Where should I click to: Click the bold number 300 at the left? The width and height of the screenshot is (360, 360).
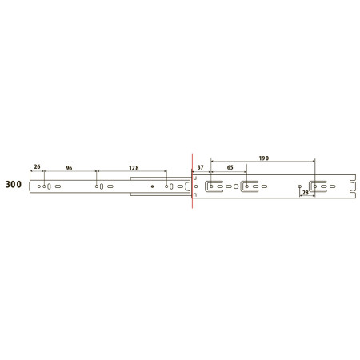14,184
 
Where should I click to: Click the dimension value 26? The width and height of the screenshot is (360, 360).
37,166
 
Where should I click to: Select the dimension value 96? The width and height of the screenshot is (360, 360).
69,168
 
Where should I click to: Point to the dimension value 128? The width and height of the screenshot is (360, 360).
134,168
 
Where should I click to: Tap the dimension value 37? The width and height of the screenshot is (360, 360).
200,167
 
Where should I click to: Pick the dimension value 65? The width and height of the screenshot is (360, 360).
230,167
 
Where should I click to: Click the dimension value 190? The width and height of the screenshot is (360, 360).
264,158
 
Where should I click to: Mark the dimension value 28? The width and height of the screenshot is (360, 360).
306,192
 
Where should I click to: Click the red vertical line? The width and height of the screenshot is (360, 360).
192,181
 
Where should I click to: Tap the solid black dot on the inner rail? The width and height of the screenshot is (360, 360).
152,186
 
